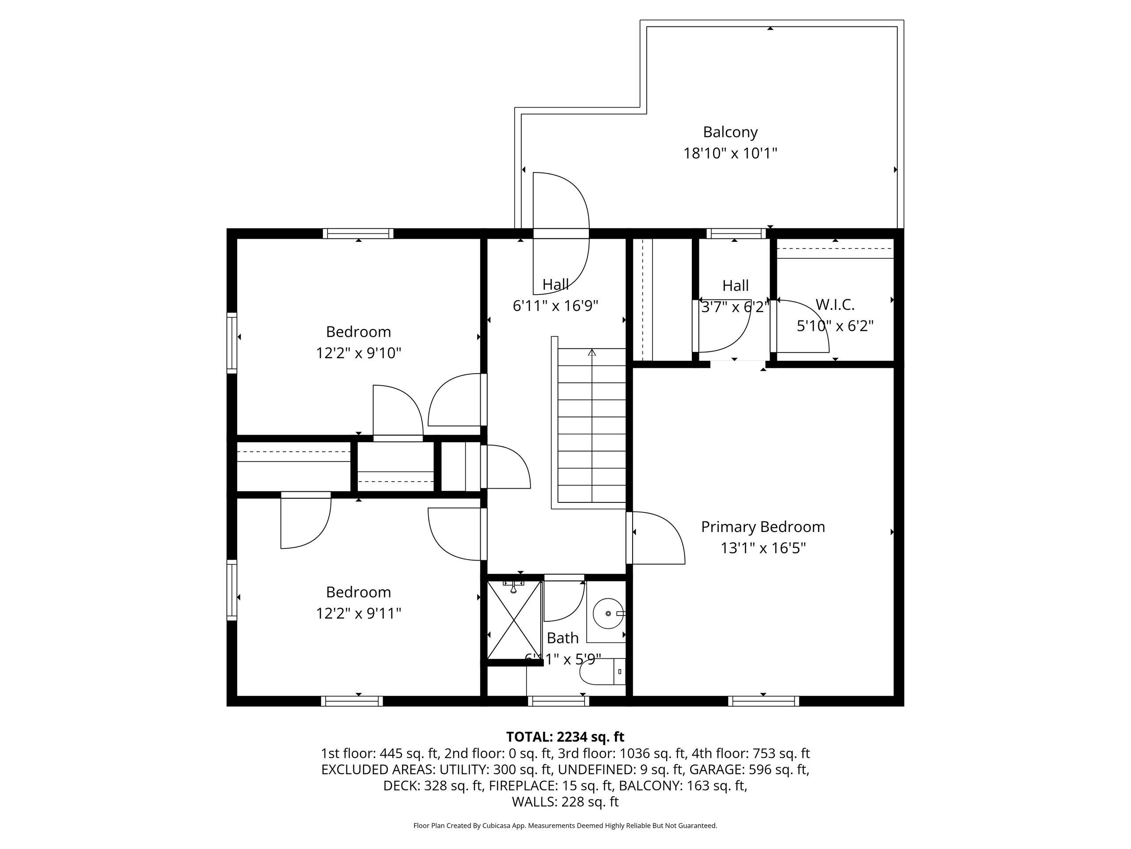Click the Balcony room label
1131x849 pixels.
pyautogui.click(x=730, y=132)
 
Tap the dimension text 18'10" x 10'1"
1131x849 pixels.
pyautogui.click(x=730, y=153)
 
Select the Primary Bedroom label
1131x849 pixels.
pyautogui.click(x=763, y=527)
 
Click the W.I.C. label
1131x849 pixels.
pyautogui.click(x=835, y=305)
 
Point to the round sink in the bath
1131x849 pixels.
pyautogui.click(x=608, y=613)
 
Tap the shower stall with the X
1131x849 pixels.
pyautogui.click(x=513, y=620)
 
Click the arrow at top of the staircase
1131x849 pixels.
pyautogui.click(x=592, y=352)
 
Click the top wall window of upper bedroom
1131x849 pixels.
pyautogui.click(x=358, y=234)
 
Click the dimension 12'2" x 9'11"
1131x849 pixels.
pyautogui.click(x=358, y=613)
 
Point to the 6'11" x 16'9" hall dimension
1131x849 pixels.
pyautogui.click(x=555, y=306)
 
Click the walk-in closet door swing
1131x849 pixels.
pyautogui.click(x=799, y=326)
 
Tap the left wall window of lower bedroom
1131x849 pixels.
pyautogui.click(x=232, y=590)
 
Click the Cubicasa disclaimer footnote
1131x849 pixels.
pyautogui.click(x=565, y=826)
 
